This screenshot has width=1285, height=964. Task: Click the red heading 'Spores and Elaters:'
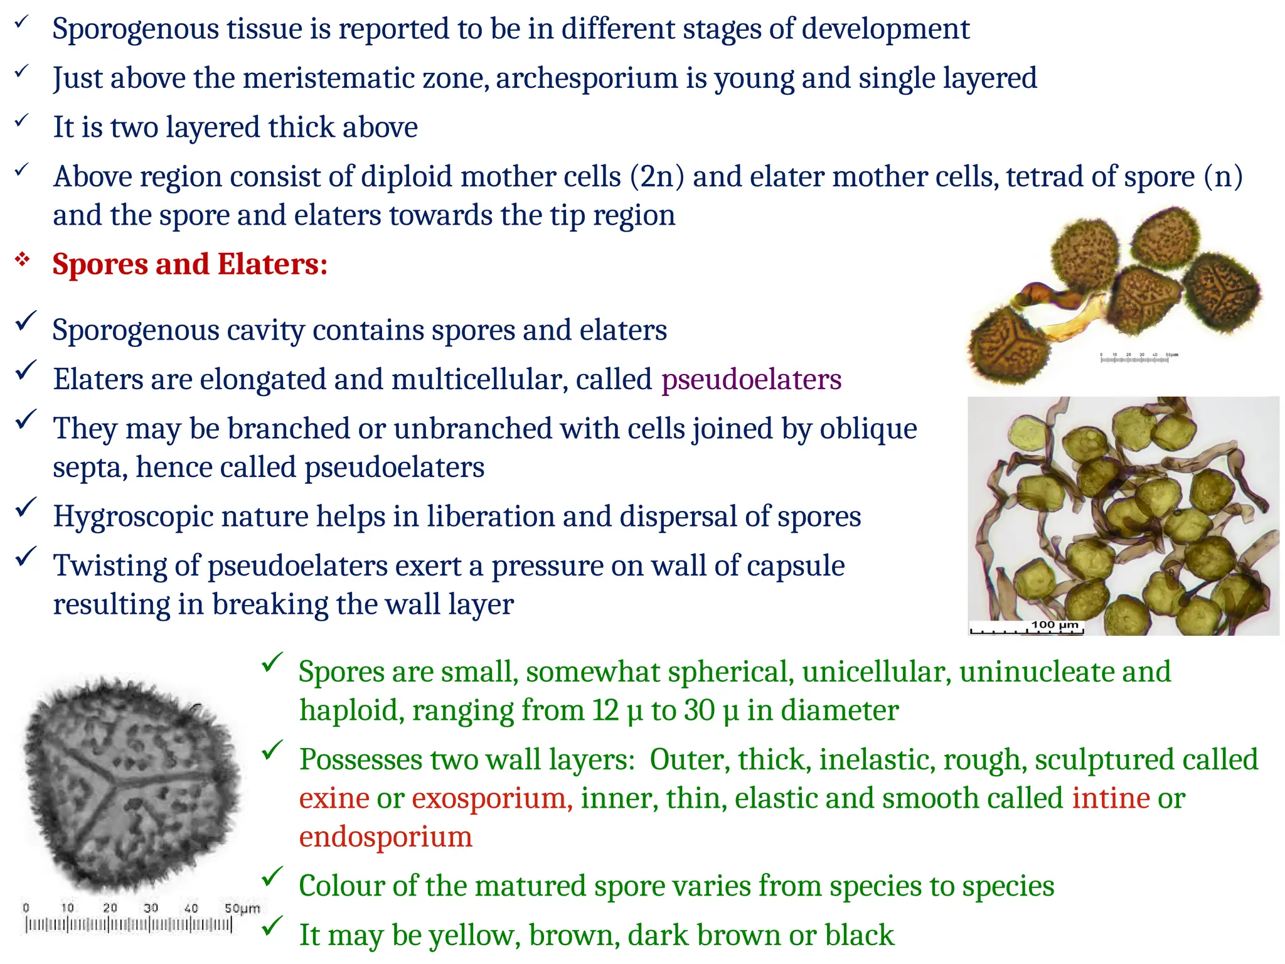coord(189,264)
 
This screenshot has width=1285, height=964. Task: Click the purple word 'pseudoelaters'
coord(751,380)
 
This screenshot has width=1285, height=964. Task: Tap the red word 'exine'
coord(334,798)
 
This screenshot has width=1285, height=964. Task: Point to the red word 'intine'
coord(1111,798)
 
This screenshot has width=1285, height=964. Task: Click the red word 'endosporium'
coord(385,837)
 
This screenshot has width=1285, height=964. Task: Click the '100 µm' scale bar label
coord(1055,624)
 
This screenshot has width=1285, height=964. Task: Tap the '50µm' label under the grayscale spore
coord(242,908)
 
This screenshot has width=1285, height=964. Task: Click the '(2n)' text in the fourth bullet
coord(657,177)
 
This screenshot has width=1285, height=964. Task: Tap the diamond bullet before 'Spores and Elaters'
coord(23,259)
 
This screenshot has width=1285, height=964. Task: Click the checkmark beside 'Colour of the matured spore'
coord(272,878)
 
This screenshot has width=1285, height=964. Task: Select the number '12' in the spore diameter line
coord(605,711)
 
